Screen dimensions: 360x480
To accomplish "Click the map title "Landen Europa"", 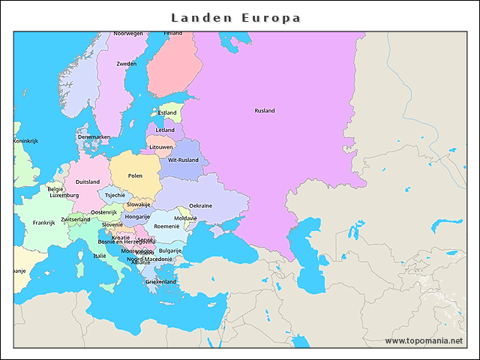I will [235, 17].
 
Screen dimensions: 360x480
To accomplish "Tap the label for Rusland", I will [265, 111].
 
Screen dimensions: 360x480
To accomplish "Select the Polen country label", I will [135, 175].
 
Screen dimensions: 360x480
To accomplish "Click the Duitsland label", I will [87, 181].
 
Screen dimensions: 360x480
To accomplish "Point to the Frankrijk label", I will [44, 222].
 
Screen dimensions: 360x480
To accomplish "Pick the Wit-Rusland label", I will [183, 160].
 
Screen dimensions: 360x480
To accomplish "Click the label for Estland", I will [167, 113].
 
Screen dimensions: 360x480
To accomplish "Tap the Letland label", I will [165, 130].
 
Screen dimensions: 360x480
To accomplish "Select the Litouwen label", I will [160, 147].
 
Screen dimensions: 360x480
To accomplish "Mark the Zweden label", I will [127, 64].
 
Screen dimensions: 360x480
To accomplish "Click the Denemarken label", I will [94, 137].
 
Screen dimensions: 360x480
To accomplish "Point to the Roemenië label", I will [166, 226].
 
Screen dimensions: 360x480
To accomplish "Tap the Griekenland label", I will [160, 282].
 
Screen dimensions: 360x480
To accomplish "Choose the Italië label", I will [100, 256].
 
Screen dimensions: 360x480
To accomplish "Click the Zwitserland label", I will [75, 220].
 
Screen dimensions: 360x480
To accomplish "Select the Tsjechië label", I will [115, 195].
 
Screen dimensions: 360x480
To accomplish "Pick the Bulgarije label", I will [170, 250].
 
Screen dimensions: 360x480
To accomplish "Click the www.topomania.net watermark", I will [424, 340].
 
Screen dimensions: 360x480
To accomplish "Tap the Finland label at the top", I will [173, 34].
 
